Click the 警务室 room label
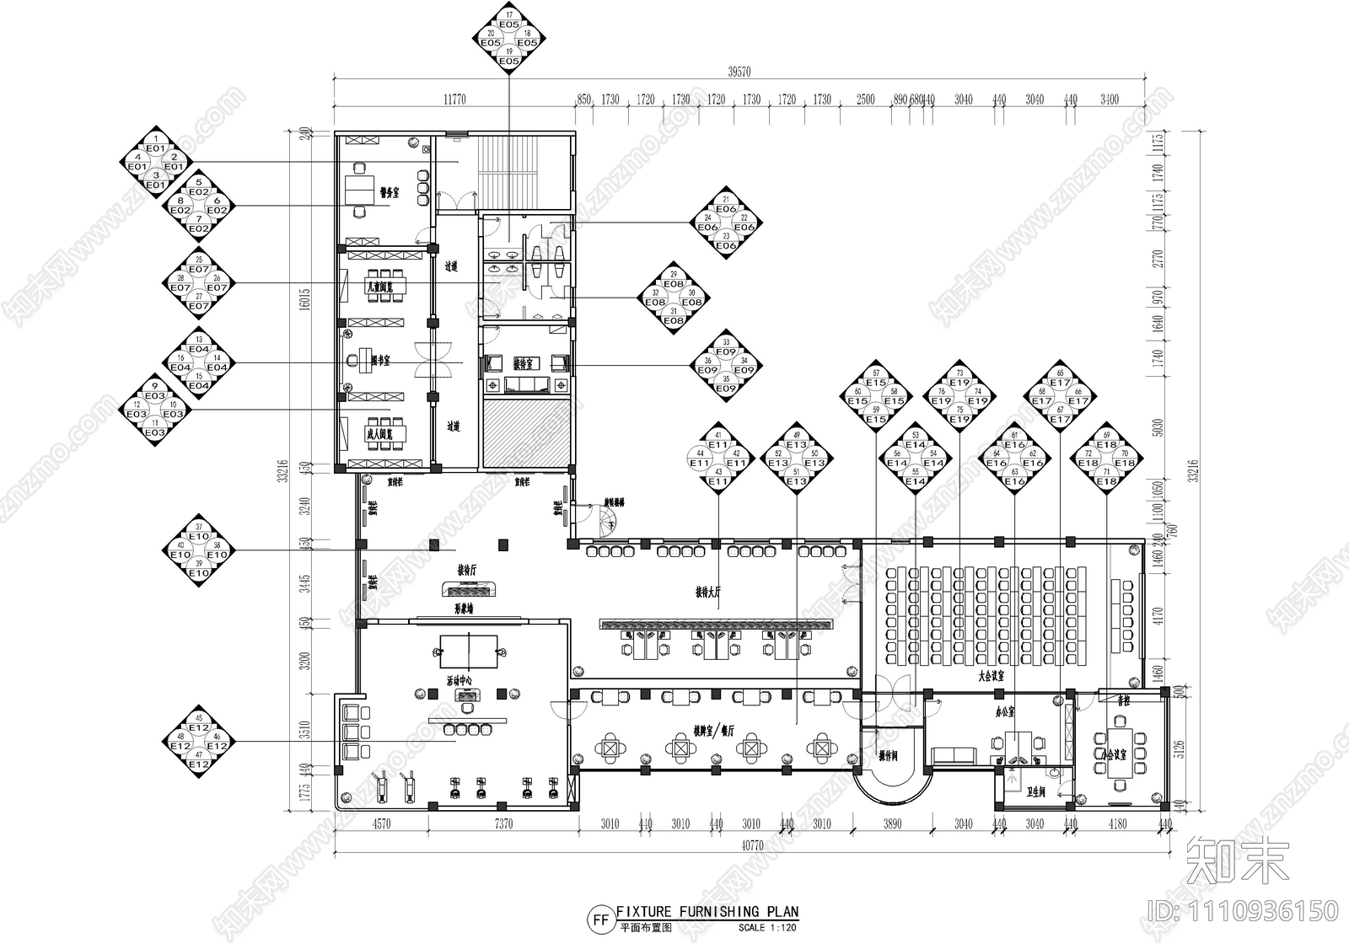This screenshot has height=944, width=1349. pos(389,193)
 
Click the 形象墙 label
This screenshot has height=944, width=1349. pos(465,607)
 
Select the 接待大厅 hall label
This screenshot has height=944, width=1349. pos(708,593)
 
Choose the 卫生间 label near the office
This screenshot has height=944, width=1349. pos(1036,791)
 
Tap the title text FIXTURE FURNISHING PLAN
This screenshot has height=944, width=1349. pos(707,912)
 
